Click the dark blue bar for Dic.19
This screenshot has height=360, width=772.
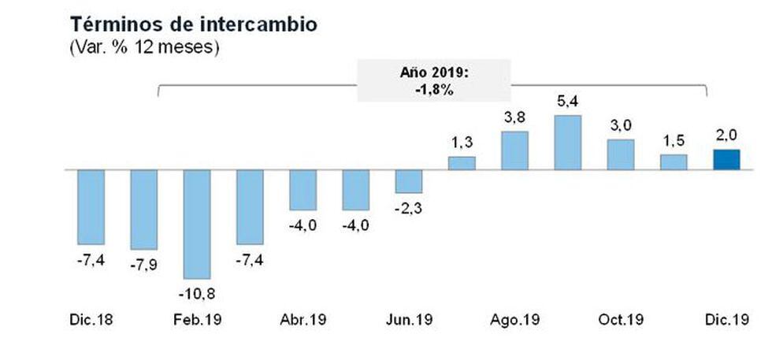tap(726, 159)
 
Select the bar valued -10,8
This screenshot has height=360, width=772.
tap(196, 224)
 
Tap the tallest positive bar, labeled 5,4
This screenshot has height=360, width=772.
tap(567, 143)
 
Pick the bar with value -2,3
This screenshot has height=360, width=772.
tap(408, 181)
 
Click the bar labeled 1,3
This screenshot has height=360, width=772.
tap(462, 163)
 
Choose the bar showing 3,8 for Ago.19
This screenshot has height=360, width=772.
tap(514, 150)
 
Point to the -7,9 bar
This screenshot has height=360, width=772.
tap(143, 210)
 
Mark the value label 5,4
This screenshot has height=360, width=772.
tap(567, 101)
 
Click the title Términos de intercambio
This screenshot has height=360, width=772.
tap(194, 24)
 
